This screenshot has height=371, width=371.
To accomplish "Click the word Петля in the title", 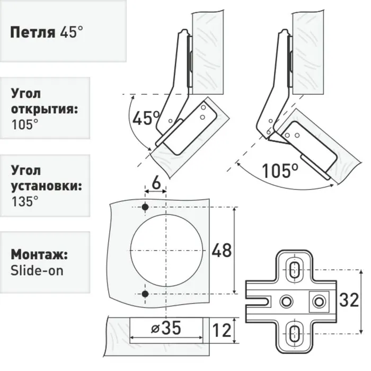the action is pos(33,32).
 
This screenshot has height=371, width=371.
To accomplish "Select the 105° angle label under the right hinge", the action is pos(280,170).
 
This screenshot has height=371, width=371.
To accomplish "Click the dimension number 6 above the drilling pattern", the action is pos(156,183).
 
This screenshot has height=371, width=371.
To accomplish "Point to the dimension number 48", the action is pos(222,251).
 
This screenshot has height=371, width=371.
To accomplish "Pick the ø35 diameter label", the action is pos(166,328).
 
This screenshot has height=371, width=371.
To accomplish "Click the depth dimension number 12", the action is pos(222,330).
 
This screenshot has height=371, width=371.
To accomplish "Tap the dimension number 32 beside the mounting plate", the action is pos(349,300).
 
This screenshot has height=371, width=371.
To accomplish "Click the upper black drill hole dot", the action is pos(145,207).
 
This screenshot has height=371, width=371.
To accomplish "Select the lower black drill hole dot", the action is pos(145,294).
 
